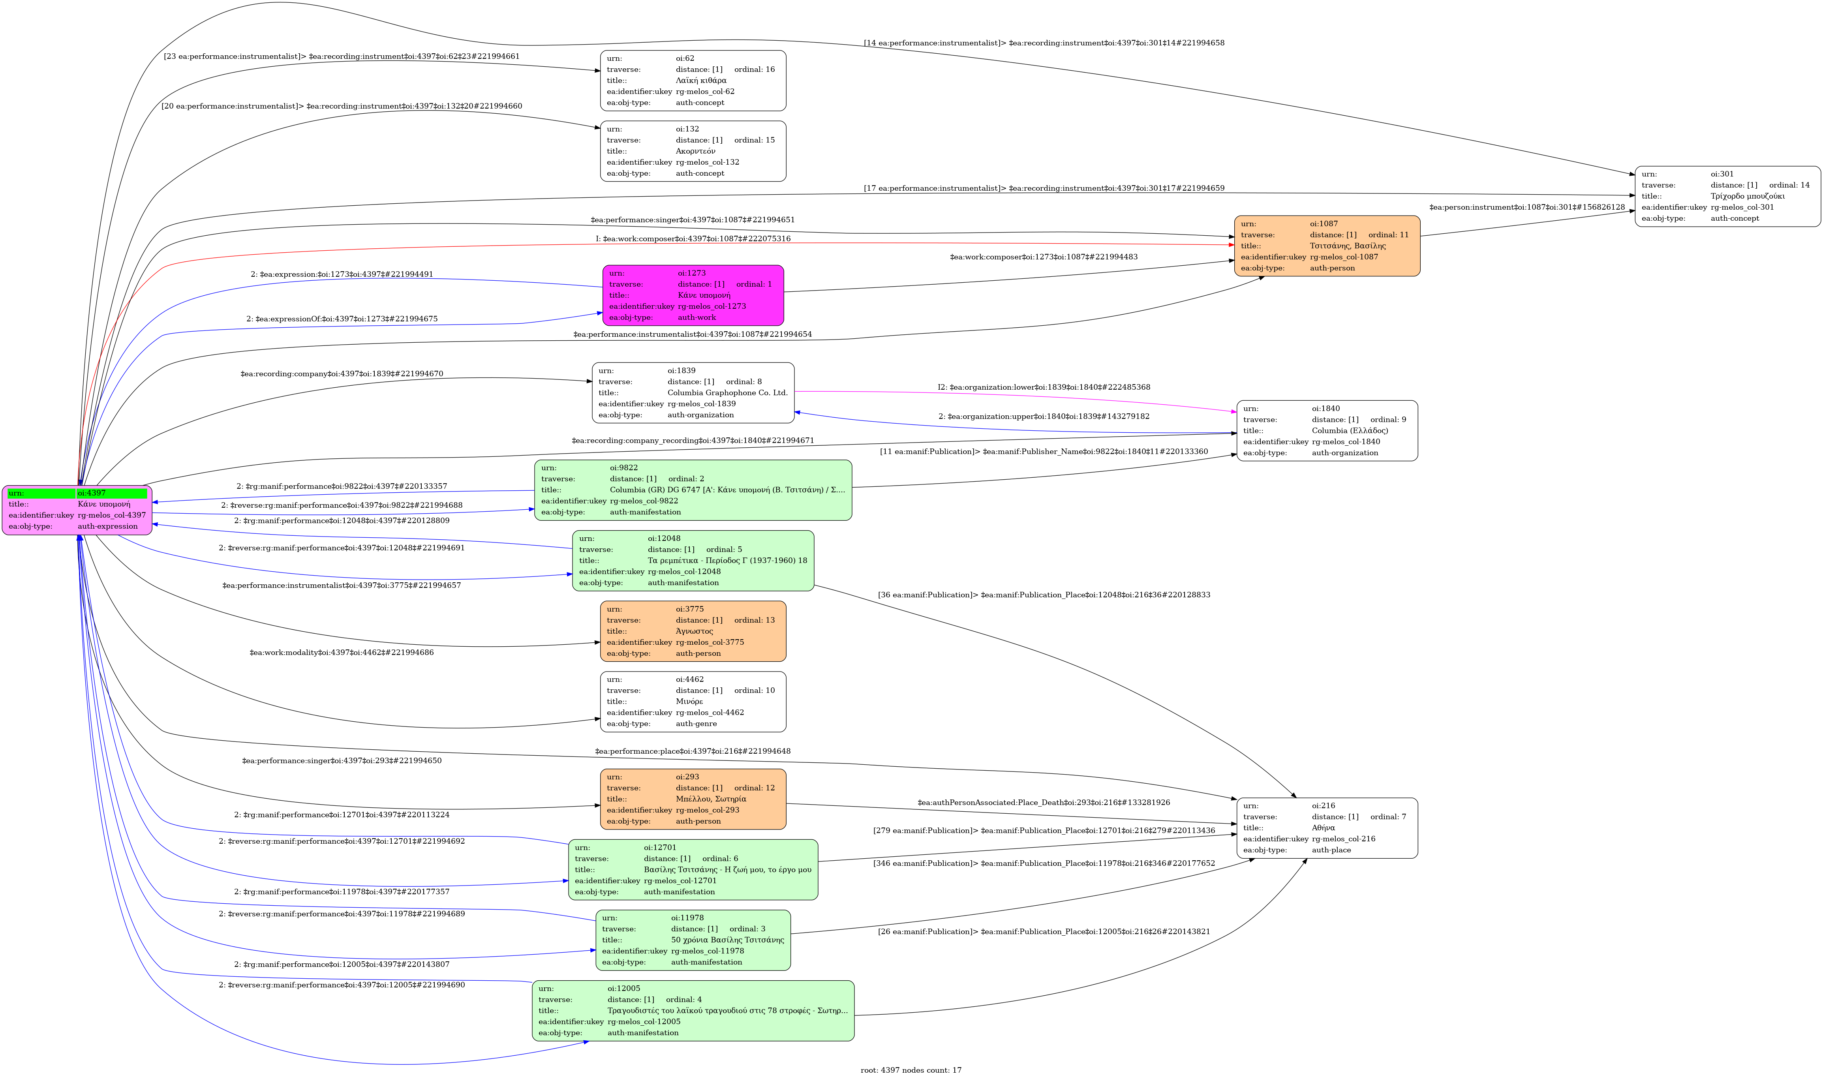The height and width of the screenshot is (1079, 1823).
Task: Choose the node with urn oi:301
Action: pyautogui.click(x=1727, y=196)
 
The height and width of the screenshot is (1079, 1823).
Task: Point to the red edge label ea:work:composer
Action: pyautogui.click(x=693, y=238)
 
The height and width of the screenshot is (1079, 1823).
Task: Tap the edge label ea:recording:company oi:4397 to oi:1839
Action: pyautogui.click(x=342, y=374)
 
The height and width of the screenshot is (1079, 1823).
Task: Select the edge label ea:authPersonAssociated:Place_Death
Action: pyautogui.click(x=1044, y=803)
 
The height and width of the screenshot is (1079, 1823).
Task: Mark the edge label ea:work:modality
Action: pyautogui.click(x=342, y=652)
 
